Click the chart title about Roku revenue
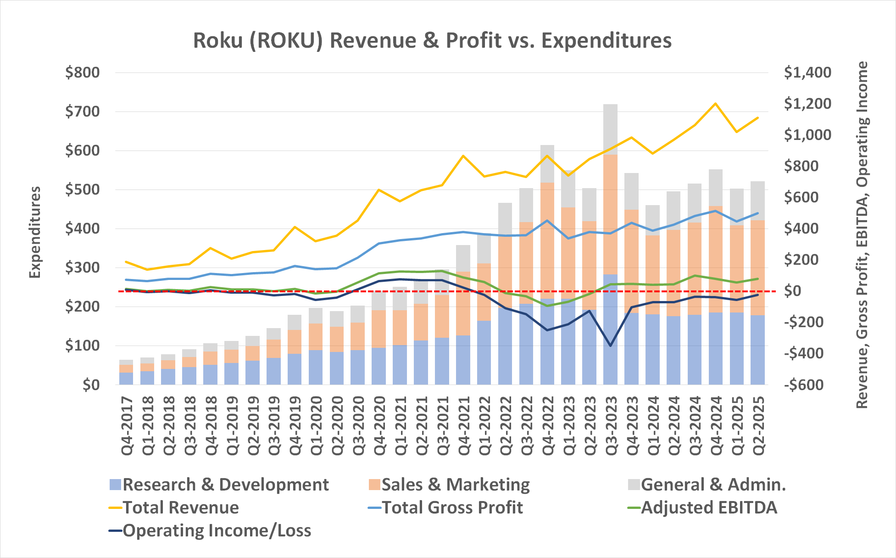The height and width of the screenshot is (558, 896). click(x=432, y=40)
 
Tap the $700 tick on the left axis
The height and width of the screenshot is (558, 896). click(x=82, y=112)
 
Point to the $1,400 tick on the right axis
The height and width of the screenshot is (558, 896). click(x=807, y=73)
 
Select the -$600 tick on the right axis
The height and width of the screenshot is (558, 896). click(x=804, y=385)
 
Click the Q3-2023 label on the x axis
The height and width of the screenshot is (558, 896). click(x=611, y=425)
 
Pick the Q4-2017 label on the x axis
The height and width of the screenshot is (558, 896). click(x=127, y=425)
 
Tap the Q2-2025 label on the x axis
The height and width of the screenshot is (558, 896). click(x=758, y=425)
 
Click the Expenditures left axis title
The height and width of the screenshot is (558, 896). click(x=35, y=232)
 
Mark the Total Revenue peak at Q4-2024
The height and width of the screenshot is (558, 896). click(x=715, y=104)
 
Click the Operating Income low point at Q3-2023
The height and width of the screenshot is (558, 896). click(x=610, y=346)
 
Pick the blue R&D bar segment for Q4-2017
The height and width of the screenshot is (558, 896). click(x=126, y=378)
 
